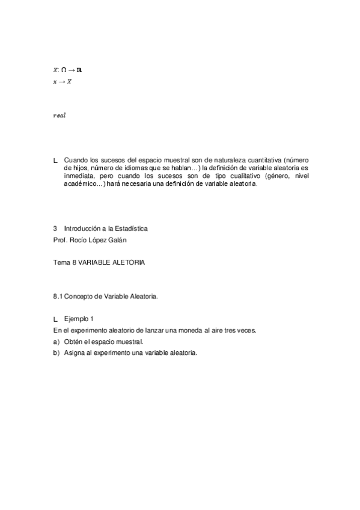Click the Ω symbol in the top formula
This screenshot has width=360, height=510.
click(x=64, y=70)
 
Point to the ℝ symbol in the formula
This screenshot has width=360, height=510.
click(x=79, y=70)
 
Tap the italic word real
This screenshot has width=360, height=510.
click(x=59, y=115)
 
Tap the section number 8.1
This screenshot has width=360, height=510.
click(x=58, y=296)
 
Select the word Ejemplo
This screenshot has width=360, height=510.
click(x=76, y=319)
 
